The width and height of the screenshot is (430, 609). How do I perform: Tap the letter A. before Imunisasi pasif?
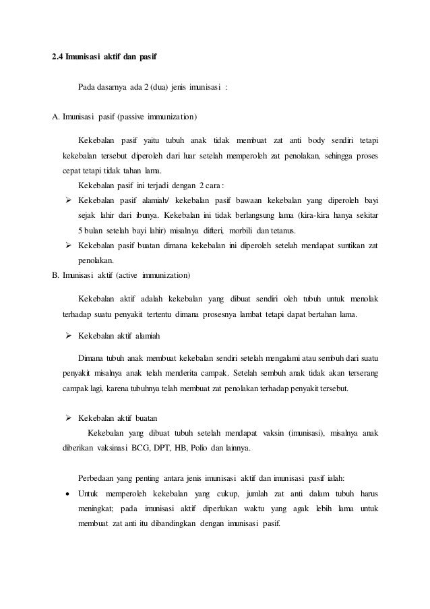(56, 116)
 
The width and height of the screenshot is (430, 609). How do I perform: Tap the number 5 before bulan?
(80, 231)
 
